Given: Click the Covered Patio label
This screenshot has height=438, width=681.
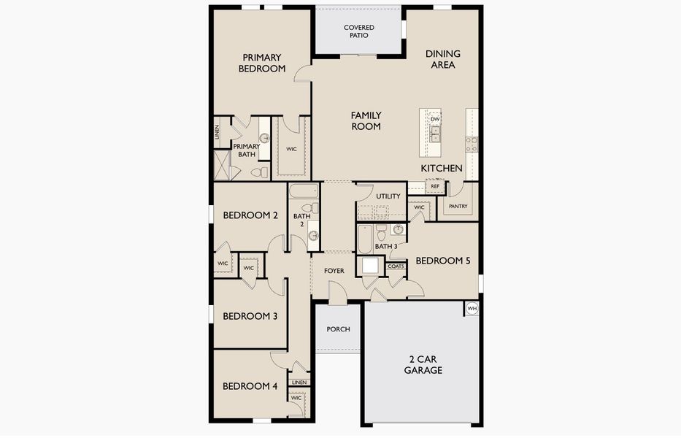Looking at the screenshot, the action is point(358,31).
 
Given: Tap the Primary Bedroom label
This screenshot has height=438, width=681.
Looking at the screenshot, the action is point(262,63).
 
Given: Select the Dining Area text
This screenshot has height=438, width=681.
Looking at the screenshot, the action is point(442,59).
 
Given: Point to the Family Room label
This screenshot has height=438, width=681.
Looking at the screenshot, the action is point(366,120).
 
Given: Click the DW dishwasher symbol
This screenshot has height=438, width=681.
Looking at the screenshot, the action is point(435,119).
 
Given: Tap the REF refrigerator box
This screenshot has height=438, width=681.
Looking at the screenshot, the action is point(435,186).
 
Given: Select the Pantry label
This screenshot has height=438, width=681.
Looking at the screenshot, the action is point(458,206).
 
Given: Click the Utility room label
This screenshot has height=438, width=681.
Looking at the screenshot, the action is point(388,196).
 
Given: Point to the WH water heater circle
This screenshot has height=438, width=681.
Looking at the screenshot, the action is point(472,309).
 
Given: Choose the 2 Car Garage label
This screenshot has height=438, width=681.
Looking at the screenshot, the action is point(423,365).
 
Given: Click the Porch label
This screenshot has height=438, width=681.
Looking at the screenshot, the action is point(339,329).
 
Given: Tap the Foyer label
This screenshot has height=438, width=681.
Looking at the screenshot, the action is point(334,271).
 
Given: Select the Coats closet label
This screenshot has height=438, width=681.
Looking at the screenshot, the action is point(396,266).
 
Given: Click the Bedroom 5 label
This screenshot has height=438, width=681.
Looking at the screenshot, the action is point(442,261).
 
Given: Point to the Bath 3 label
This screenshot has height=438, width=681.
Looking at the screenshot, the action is point(385,247).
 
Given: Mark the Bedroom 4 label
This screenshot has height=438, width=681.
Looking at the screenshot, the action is point(250,386).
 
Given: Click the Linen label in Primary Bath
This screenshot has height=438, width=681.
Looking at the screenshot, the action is point(218,132).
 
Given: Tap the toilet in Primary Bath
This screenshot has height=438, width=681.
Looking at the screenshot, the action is point(260,172).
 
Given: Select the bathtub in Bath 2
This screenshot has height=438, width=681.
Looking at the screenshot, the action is point(304,191).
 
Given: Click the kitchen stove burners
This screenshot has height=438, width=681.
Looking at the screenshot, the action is point(472,145).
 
